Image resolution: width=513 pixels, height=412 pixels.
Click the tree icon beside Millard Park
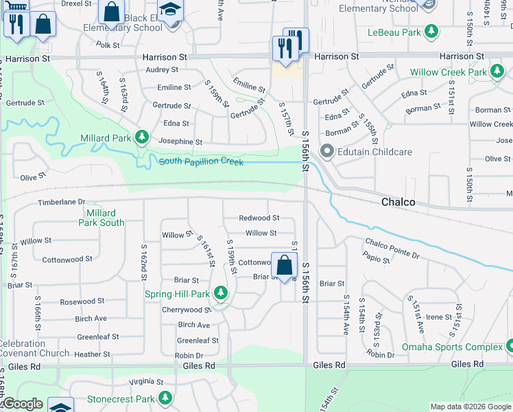point(142,137)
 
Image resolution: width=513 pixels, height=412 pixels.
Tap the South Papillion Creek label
point(202,161)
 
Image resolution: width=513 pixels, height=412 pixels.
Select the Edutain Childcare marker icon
point(326,151)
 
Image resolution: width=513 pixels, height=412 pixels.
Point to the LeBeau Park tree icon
point(431,32)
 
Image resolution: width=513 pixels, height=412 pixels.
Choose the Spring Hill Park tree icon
point(220,294)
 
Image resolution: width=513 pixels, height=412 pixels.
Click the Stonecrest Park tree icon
point(165,398)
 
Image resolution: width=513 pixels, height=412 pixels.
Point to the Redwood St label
point(259,218)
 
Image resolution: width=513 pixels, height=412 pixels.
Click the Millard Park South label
point(102,218)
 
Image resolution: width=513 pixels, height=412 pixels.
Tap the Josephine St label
point(180,142)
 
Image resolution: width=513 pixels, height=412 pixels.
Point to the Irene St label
point(438,317)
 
